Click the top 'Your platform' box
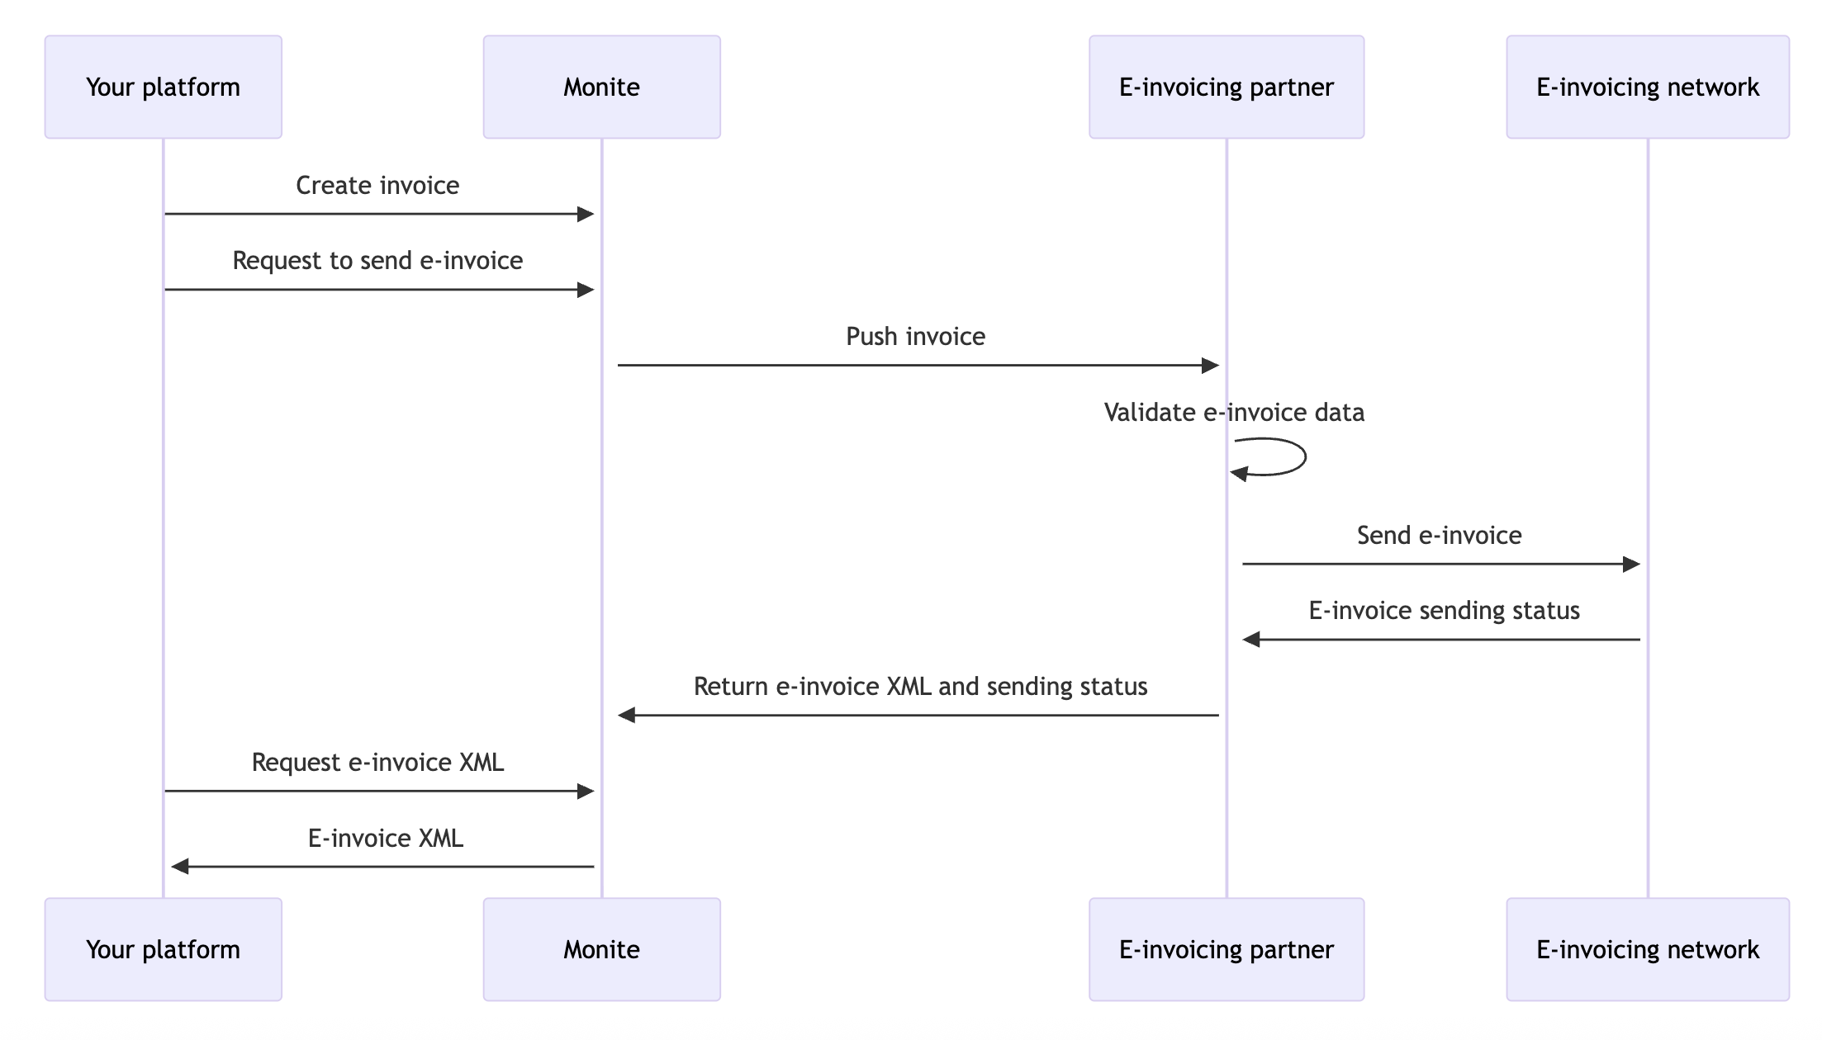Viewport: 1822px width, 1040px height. pyautogui.click(x=163, y=87)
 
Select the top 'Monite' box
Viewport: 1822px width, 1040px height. pyautogui.click(x=601, y=87)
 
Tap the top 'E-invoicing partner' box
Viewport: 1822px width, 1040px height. pyautogui.click(x=1226, y=87)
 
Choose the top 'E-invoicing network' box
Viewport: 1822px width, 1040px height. pyautogui.click(x=1647, y=87)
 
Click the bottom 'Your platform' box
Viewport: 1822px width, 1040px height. pyautogui.click(x=163, y=949)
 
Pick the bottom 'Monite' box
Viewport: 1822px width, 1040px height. pyautogui.click(x=601, y=949)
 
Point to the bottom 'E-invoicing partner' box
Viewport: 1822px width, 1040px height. pyautogui.click(x=1226, y=949)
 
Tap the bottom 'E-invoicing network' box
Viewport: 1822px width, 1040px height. pyautogui.click(x=1647, y=949)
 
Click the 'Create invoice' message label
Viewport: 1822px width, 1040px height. pyautogui.click(x=377, y=185)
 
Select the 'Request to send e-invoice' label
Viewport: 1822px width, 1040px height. pyautogui.click(x=377, y=261)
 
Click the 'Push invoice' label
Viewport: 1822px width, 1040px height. pyautogui.click(x=915, y=337)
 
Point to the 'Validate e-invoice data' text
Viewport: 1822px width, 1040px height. pyautogui.click(x=1234, y=413)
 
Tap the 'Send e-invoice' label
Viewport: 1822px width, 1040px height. pyautogui.click(x=1439, y=536)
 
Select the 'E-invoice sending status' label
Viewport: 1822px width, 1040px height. pyautogui.click(x=1444, y=611)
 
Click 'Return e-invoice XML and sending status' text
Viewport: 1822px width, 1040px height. pyautogui.click(x=920, y=687)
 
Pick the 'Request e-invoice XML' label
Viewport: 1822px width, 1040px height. pyautogui.click(x=377, y=763)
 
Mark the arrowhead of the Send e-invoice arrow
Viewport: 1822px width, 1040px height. pyautogui.click(x=1631, y=565)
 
